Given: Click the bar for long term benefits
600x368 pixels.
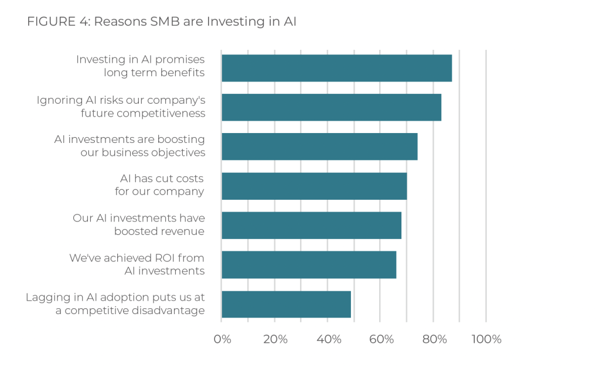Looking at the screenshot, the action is [x=337, y=68].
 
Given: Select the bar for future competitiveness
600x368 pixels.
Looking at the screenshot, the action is [x=332, y=107].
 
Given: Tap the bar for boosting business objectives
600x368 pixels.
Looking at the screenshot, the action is [x=319, y=146].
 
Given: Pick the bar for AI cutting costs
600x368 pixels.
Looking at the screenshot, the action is [x=314, y=186].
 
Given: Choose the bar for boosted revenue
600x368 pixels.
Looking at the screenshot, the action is [x=312, y=226].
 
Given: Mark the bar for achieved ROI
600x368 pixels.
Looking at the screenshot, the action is [x=309, y=265].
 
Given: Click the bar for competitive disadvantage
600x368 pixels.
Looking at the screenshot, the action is [x=286, y=304].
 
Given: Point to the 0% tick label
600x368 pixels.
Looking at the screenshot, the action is [x=222, y=339].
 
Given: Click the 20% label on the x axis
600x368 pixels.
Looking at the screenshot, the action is [x=275, y=339].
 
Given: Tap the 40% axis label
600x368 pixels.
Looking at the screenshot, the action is [x=329, y=339].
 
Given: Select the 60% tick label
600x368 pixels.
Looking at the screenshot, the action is [x=381, y=339].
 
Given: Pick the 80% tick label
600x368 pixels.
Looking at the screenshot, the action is [x=434, y=339].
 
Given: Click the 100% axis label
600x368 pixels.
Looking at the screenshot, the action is [x=486, y=339].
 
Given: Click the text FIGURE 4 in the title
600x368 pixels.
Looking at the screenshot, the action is [x=58, y=22].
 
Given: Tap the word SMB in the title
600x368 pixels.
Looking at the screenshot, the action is [x=165, y=22].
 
